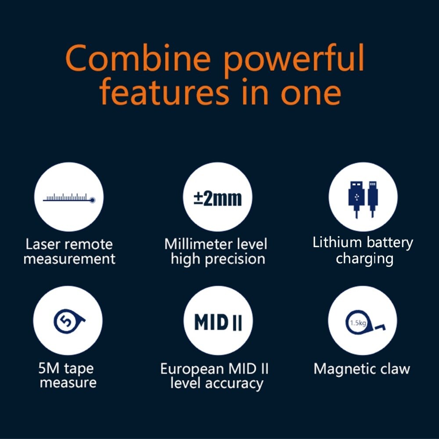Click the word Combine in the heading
(138, 58)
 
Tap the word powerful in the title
(294, 61)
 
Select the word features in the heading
(164, 91)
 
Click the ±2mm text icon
(218, 198)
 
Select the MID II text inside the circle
(218, 322)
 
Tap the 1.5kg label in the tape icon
(358, 323)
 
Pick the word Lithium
(337, 242)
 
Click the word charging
(364, 259)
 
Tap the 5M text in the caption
(49, 368)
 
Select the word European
(192, 369)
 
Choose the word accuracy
(234, 384)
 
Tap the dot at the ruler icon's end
(92, 200)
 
